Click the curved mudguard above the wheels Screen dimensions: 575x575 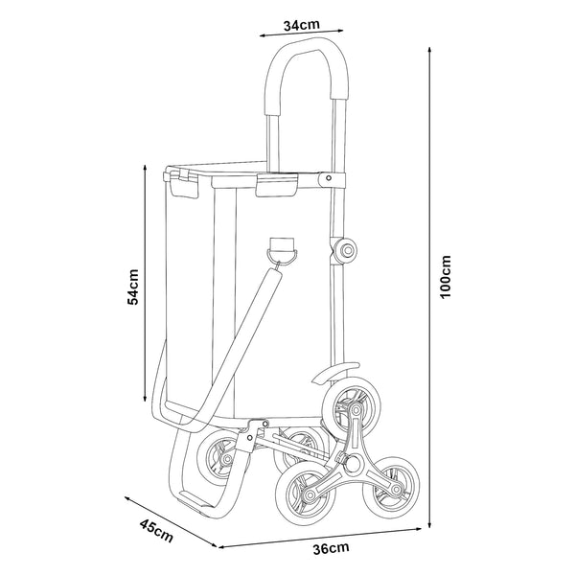(336, 374)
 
